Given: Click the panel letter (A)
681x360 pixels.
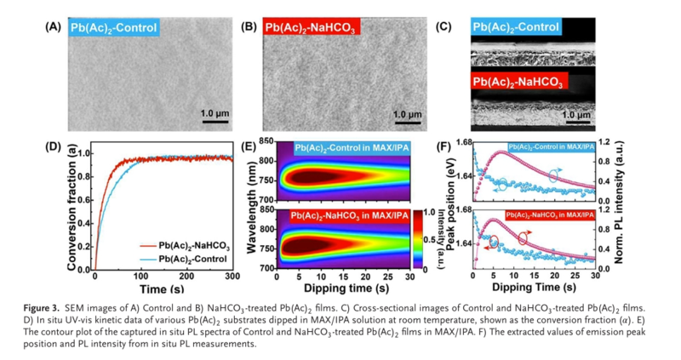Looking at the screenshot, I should tap(53, 26).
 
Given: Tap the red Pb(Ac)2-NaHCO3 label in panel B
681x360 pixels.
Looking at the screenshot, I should tap(312, 28).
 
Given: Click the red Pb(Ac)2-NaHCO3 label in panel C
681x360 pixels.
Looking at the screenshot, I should tap(521, 82).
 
